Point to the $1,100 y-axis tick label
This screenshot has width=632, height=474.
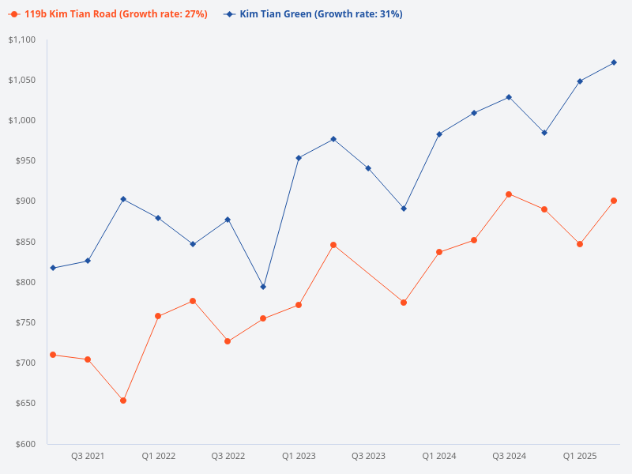21,39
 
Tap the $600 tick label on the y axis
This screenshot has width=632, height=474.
25,444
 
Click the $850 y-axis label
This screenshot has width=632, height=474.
25,242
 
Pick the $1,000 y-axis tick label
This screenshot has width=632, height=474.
21,120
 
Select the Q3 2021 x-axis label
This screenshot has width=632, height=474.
88,457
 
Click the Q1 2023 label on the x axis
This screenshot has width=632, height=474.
299,457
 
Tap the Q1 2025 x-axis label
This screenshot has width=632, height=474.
579,457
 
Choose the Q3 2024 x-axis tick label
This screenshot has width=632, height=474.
509,457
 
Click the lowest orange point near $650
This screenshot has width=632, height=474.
123,401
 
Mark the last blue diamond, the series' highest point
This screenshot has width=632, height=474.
614,62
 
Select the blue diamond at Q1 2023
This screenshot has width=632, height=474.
299,158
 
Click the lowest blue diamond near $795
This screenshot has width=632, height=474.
263,287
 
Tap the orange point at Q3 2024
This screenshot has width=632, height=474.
509,194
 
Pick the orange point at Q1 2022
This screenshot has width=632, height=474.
158,316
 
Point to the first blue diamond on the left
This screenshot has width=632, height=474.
53,268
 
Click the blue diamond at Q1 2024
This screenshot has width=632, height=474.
439,134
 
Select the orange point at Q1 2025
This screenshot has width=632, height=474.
580,244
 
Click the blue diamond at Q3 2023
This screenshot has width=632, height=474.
368,168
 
